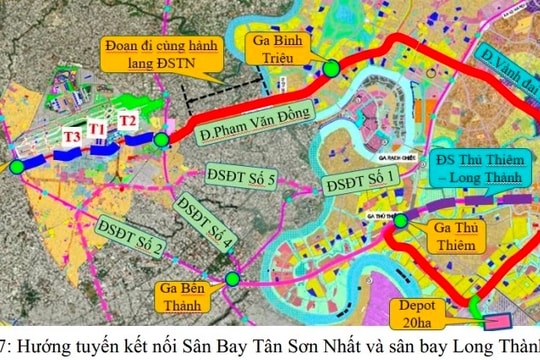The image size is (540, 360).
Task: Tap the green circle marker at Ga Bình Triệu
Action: tap(330, 68)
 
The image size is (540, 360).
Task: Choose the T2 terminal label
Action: tap(128, 121)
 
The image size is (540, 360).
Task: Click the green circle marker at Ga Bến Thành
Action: tap(232, 281)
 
